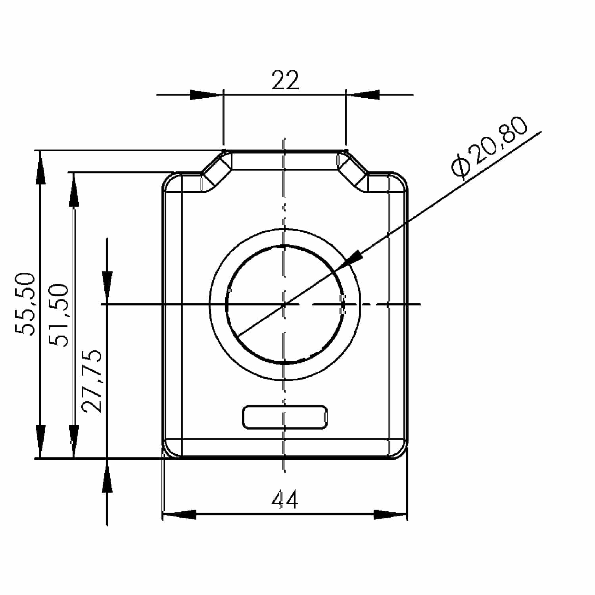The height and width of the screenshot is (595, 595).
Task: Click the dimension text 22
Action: pos(285,81)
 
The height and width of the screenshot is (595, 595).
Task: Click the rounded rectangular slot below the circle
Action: pos(285,417)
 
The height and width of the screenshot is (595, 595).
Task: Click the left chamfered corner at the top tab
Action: pos(217,170)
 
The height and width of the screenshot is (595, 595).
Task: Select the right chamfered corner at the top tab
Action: pos(353,170)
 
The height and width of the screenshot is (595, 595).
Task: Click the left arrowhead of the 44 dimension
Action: pos(178,514)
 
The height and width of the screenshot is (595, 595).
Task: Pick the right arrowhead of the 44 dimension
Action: pos(391,514)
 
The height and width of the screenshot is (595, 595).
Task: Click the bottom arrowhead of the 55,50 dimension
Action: pos(40,442)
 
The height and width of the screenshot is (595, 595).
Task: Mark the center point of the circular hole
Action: pos(284,304)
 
